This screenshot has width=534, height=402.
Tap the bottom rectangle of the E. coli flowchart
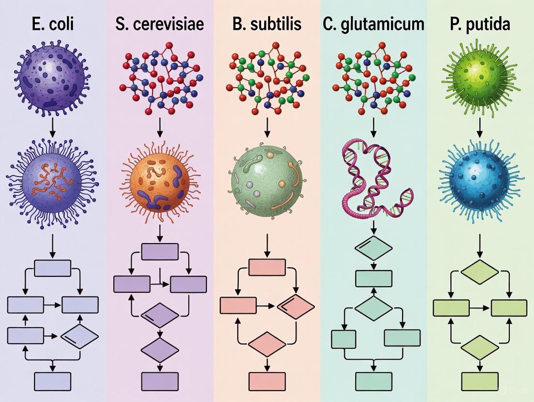coord(52,381)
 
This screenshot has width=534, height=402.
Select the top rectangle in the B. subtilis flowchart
coord(267,267)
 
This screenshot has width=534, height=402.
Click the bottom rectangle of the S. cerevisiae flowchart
coord(160,381)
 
